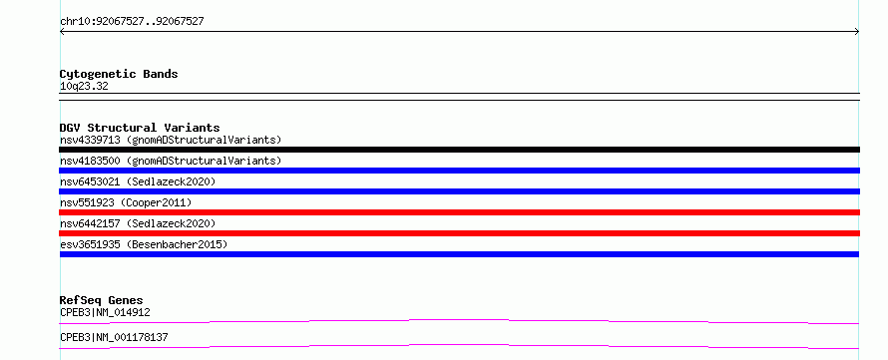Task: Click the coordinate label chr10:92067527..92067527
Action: tap(132, 22)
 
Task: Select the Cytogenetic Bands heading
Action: tap(119, 74)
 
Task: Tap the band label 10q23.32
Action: tap(84, 87)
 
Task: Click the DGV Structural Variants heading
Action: tap(140, 128)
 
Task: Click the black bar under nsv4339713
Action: tap(459, 150)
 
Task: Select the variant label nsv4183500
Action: tap(90, 161)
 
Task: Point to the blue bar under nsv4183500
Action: tap(459, 171)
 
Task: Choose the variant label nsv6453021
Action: tap(90, 181)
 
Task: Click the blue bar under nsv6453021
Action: tap(459, 191)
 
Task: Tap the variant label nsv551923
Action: tap(87, 202)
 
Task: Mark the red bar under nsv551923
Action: tap(459, 212)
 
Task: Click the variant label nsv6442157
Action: tap(90, 223)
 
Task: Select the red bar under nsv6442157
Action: tap(459, 233)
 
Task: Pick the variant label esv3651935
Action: tap(90, 244)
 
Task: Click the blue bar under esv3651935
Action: tap(459, 254)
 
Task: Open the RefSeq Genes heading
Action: tap(102, 300)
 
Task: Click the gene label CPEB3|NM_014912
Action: tap(106, 312)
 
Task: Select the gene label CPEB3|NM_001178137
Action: tap(114, 337)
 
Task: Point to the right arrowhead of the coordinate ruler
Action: tap(857, 32)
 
